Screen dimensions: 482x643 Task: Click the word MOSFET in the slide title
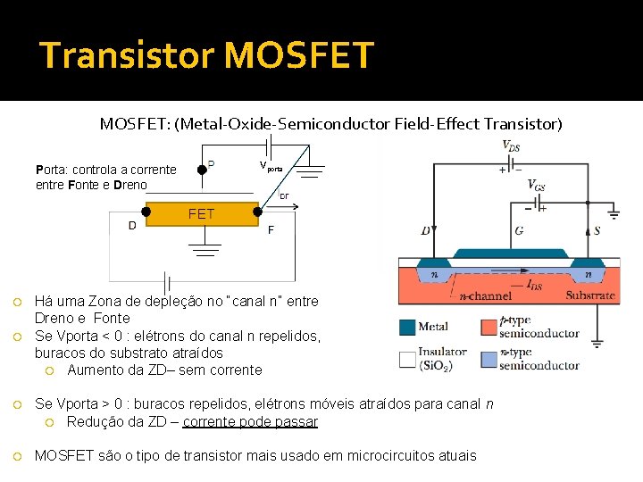298,55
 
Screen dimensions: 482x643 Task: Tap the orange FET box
201,213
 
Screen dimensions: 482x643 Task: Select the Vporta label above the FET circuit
271,166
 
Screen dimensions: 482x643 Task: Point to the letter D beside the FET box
132,225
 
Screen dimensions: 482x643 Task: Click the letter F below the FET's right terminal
271,229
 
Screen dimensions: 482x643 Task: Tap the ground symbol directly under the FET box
205,246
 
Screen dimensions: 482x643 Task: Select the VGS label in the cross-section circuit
537,185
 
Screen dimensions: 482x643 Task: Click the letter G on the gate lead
520,230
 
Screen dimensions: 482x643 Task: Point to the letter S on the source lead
597,230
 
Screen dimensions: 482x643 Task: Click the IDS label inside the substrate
533,285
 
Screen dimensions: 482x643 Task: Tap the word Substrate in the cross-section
589,295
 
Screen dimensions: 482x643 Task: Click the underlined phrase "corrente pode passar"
250,422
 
